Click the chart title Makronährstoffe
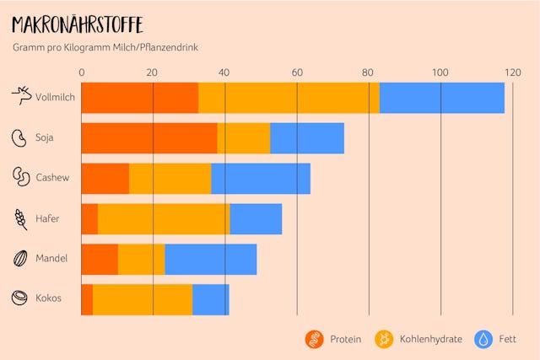coord(77,24)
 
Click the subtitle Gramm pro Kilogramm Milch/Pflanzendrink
coord(105,48)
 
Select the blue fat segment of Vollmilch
coord(441,98)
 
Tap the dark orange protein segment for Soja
coord(148,138)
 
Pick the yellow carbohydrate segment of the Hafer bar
coord(164,219)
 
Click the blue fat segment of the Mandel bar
coord(210,259)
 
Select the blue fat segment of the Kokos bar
coord(210,299)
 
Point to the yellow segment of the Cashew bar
coord(170,179)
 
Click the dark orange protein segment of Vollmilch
coord(139,98)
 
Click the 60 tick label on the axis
coord(297,73)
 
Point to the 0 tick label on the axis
coord(82,73)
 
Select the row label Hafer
coord(47,218)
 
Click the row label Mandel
coord(51,259)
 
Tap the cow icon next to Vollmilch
coord(21,96)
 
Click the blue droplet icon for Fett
coord(484,339)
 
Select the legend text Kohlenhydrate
coord(431,339)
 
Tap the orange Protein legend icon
coord(314,339)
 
